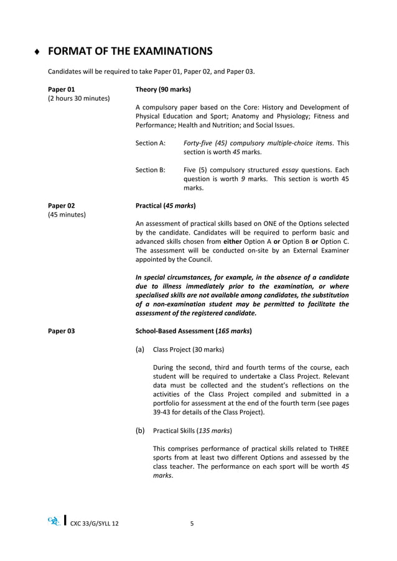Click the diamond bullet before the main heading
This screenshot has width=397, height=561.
click(x=38, y=52)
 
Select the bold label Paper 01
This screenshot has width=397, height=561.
click(x=61, y=89)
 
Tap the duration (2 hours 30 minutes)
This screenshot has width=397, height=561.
click(x=78, y=98)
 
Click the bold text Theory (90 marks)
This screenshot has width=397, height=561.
click(x=163, y=89)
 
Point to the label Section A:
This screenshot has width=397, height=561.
click(x=151, y=143)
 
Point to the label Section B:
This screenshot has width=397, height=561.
click(x=151, y=169)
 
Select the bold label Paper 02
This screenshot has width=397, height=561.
click(x=61, y=205)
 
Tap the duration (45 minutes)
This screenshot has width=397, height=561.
click(x=67, y=215)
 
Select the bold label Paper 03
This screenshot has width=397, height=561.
click(x=61, y=331)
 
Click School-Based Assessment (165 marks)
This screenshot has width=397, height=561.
click(x=194, y=331)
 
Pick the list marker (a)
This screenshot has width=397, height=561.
click(x=140, y=349)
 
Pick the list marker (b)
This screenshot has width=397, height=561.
click(x=140, y=430)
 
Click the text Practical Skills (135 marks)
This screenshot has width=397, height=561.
click(x=192, y=430)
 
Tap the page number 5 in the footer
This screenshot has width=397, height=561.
click(x=192, y=523)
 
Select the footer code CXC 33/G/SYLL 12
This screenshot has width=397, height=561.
click(x=95, y=524)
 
